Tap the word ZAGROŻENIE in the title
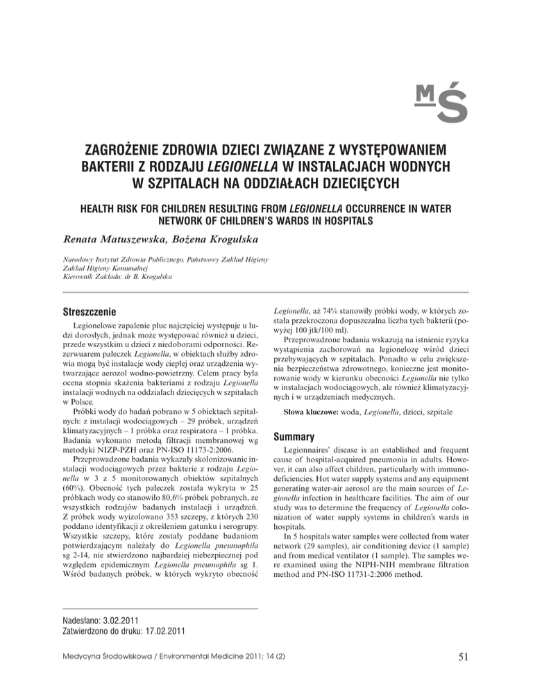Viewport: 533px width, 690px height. [136, 151]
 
